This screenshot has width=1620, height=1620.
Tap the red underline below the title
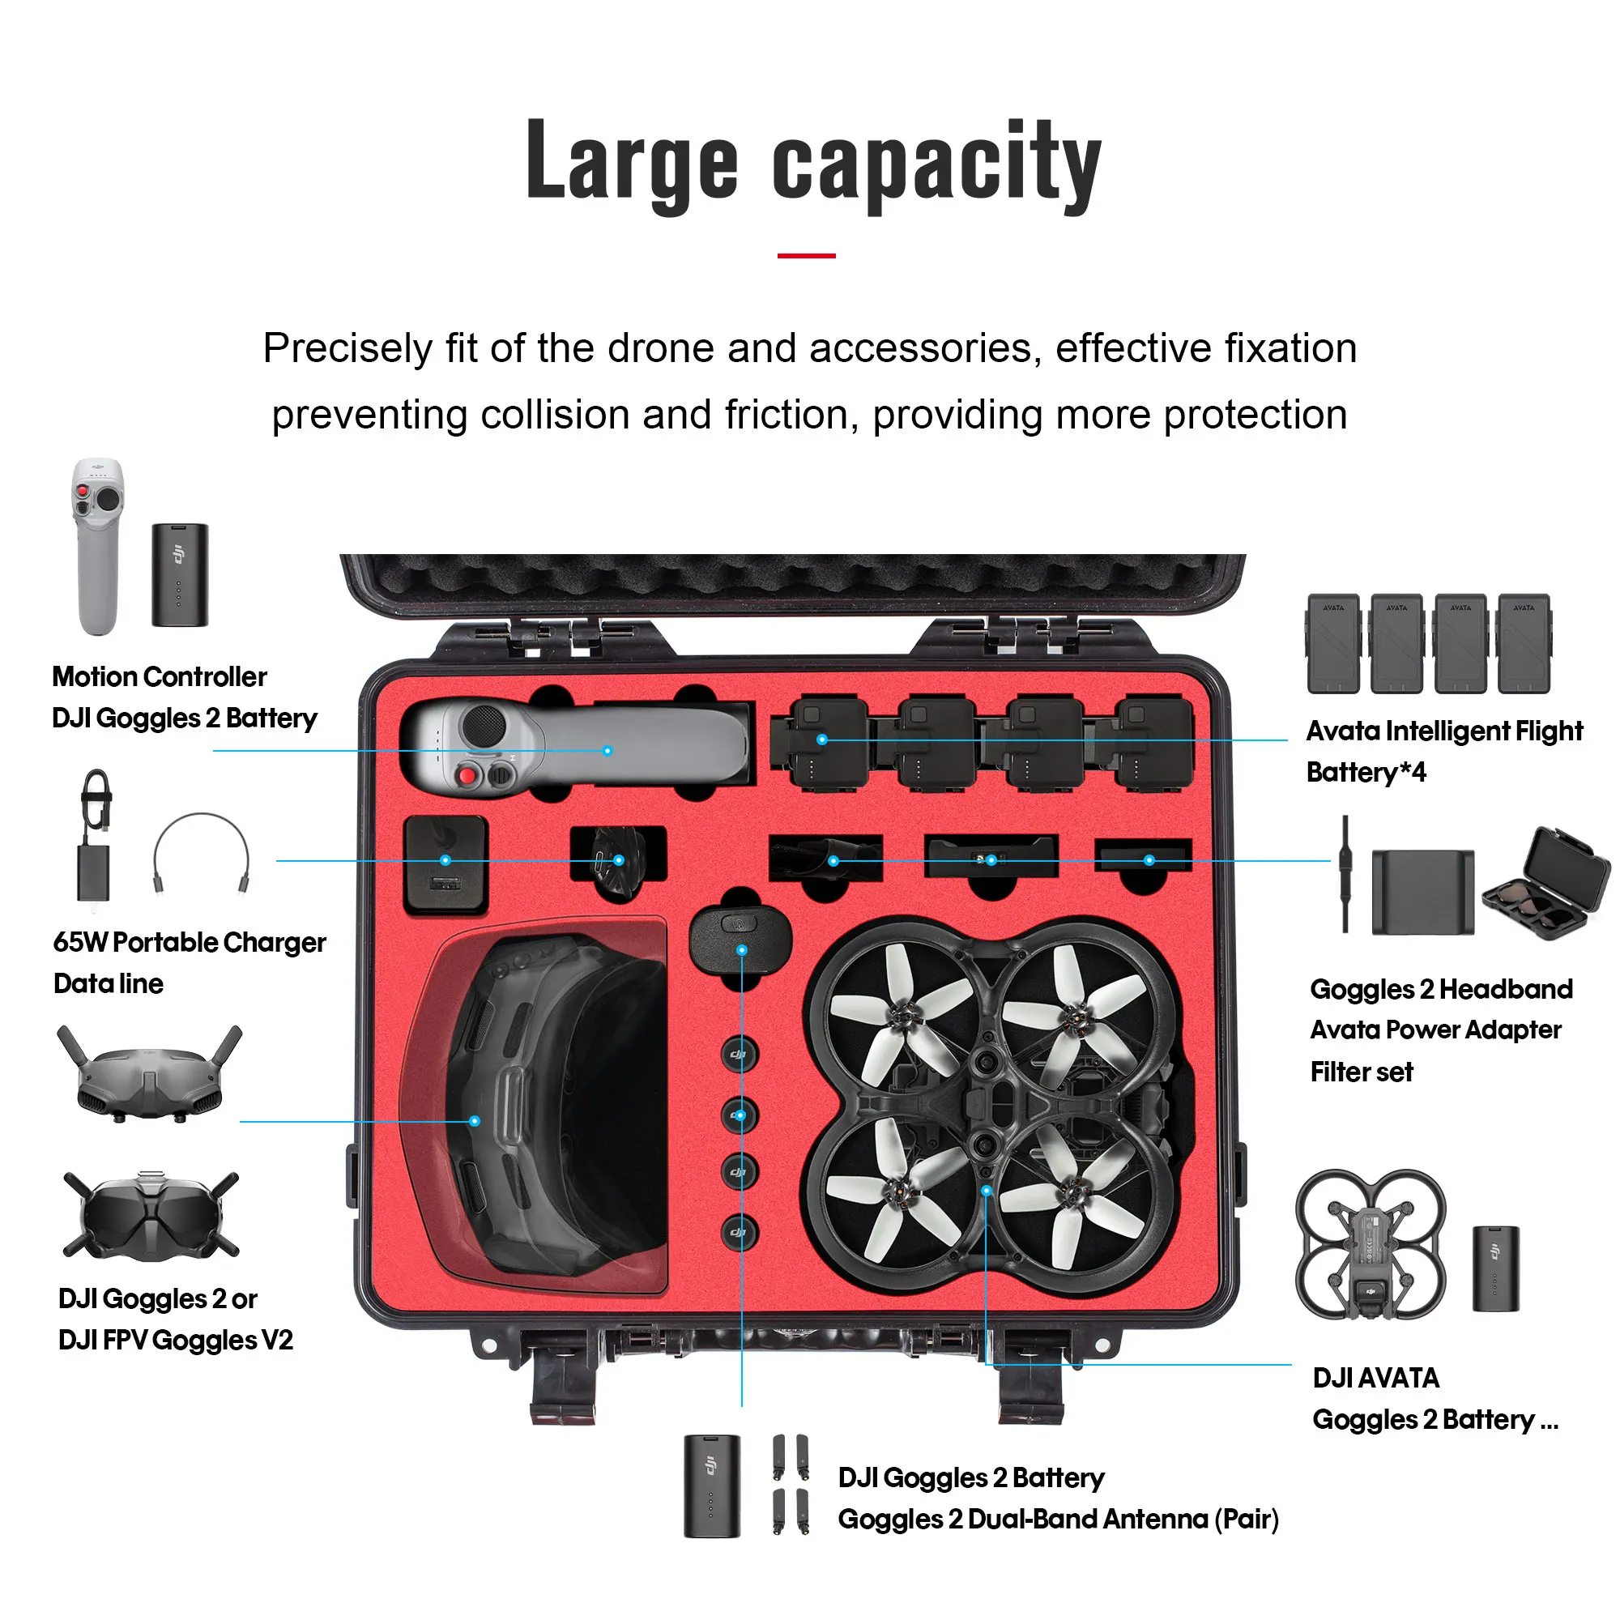pyautogui.click(x=806, y=256)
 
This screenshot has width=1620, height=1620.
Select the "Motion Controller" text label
pyautogui.click(x=160, y=676)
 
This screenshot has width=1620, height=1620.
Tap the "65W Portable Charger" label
pyautogui.click(x=190, y=943)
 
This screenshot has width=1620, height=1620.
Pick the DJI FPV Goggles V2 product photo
pyautogui.click(x=151, y=1216)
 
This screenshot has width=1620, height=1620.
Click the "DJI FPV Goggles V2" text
pyautogui.click(x=176, y=1340)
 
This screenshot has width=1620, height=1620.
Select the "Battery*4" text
pyautogui.click(x=1366, y=772)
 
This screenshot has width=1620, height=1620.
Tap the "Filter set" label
pyautogui.click(x=1362, y=1072)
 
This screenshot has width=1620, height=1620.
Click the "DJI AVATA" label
pyautogui.click(x=1376, y=1378)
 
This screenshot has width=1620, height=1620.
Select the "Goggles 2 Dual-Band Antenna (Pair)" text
pyautogui.click(x=1058, y=1520)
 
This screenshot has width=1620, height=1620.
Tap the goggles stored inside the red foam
pyautogui.click(x=553, y=1106)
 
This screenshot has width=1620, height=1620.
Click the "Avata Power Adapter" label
pyautogui.click(x=1435, y=1030)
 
